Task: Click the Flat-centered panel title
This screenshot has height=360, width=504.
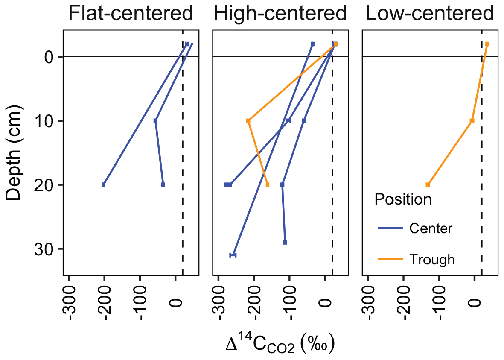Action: pos(131,14)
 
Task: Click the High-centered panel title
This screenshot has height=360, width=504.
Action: pos(280,14)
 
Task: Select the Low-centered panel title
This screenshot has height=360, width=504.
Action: pos(430,14)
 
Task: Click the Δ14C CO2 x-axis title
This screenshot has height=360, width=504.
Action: pos(280,344)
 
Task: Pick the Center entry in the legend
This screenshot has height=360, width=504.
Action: pos(431,228)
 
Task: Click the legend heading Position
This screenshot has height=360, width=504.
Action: pos(403,199)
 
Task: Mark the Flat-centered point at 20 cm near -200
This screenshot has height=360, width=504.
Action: pos(103,184)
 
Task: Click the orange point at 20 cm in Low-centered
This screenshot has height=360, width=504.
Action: pos(428,184)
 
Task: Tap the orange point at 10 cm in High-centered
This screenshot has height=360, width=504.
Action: pos(248,121)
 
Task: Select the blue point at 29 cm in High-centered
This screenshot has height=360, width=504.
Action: pos(285,242)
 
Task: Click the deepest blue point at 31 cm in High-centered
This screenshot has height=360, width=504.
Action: pos(233,255)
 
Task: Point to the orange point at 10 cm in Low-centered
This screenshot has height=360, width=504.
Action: pos(472,121)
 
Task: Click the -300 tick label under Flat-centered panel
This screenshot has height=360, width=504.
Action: pos(70,301)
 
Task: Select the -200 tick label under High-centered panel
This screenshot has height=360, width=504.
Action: pos(254,301)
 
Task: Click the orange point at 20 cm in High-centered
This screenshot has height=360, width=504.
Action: pos(268,184)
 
